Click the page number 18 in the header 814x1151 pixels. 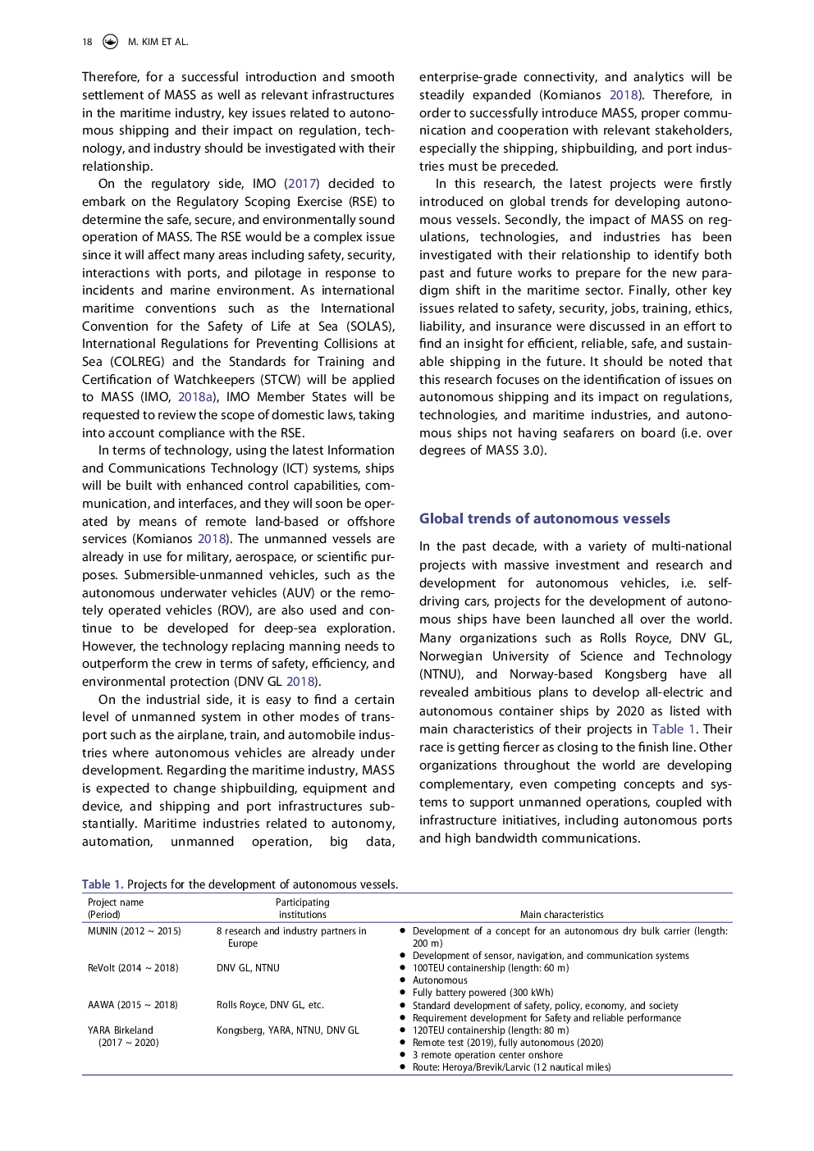coord(87,42)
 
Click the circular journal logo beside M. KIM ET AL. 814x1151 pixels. coord(110,42)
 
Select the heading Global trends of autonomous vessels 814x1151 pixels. coord(544,518)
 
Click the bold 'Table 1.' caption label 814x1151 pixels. coord(103,884)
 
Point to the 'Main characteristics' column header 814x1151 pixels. coord(561,915)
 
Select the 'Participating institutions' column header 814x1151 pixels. coord(302,908)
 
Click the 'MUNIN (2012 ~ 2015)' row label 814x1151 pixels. coord(134,931)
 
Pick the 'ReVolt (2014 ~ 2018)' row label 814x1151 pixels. coord(133,968)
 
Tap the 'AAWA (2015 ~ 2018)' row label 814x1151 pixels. coord(132,1005)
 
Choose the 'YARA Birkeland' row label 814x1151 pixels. coord(121,1030)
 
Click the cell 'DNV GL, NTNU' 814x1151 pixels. coord(248,968)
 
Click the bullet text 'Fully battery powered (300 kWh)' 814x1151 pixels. coord(482,993)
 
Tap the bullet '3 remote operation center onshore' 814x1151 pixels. coord(487,1055)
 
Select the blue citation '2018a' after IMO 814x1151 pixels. coord(195,397)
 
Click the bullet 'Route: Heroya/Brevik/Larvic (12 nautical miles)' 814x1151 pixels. coord(511,1067)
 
